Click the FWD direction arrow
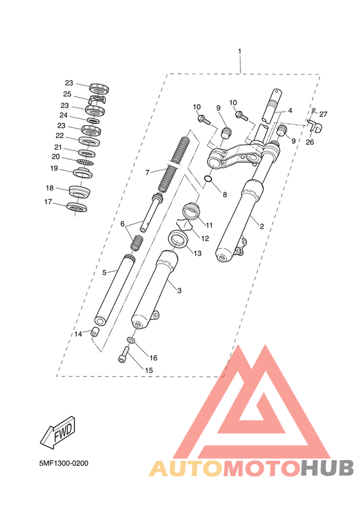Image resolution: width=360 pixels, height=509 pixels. tap(59, 433)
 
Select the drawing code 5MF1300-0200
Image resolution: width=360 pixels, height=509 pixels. tap(64, 463)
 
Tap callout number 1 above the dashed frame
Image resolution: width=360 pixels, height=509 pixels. tap(240, 51)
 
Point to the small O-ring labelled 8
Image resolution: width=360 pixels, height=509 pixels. tap(208, 179)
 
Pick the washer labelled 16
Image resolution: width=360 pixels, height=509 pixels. tap(130, 340)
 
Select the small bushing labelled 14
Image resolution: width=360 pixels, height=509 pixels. tap(95, 332)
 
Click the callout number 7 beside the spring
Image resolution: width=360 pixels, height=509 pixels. tap(147, 173)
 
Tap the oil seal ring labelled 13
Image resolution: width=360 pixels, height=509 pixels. tap(179, 239)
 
